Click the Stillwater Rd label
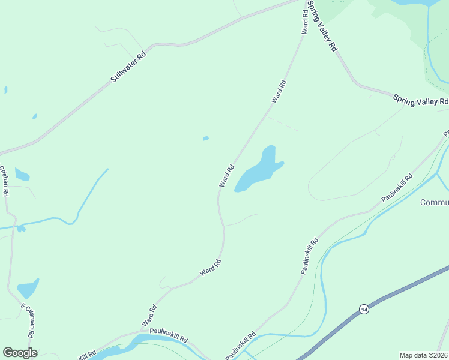pos(128,67)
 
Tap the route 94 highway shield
pos(364,309)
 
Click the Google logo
pos(20,353)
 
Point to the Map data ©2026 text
pos(423,355)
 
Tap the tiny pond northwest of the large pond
pos(206,139)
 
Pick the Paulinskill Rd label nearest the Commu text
pos(397,188)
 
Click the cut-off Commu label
pos(434,202)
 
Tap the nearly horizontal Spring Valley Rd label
pos(421,100)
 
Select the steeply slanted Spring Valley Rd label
pos(322,25)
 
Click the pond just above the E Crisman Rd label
pos(28,288)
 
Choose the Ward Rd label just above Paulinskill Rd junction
pos(149,316)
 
